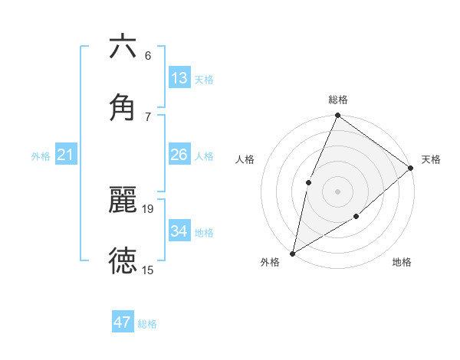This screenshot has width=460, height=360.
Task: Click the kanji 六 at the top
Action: coord(123,47)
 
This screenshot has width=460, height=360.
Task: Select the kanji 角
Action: coord(123,108)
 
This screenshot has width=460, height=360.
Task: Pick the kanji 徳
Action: coord(123,261)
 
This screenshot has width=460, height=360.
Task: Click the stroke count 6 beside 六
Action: coord(148,55)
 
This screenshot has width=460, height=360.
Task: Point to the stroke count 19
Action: coord(149,208)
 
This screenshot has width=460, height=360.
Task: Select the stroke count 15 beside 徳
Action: coord(148,270)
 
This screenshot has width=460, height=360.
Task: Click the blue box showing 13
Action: coord(179,78)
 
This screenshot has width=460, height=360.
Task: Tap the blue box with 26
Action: coord(179,155)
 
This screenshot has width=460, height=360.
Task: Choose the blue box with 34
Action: coord(179,231)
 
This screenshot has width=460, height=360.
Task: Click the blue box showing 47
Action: coord(123,322)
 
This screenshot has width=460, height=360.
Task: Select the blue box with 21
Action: coord(66,155)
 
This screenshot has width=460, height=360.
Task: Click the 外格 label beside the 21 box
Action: coord(41,156)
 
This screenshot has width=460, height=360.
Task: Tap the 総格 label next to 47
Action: coord(147,324)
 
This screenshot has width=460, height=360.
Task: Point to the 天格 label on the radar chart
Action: coord(431,159)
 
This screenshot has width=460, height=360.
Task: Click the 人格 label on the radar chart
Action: coord(245,159)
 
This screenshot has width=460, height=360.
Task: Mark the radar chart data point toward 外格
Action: coord(292,253)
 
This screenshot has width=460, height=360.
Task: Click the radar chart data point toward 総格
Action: coord(337,116)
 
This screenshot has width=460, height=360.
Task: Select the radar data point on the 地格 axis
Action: coord(356,217)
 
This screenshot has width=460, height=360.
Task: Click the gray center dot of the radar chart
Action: coord(337,191)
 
